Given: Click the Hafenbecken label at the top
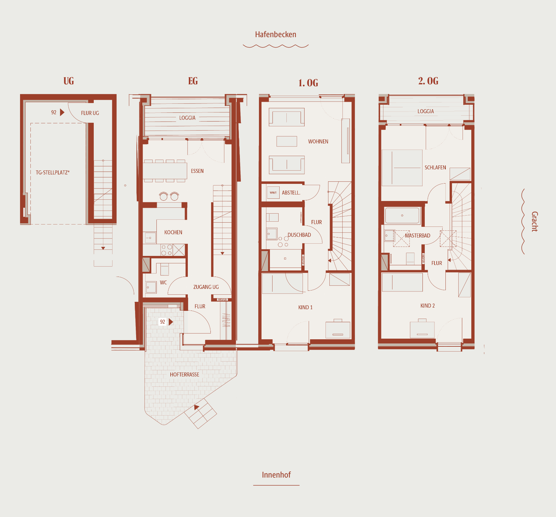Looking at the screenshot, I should pos(275,35).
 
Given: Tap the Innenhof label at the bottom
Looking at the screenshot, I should pos(276,475).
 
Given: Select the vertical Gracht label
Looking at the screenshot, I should pos(535,221).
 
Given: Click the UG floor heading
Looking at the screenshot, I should pos(69,81).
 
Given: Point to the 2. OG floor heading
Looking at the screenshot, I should pos(428,81).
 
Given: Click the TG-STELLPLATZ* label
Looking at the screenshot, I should pos(53,173).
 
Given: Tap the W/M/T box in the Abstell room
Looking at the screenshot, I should pos(273,193).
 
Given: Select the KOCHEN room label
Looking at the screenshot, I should pos(173,232).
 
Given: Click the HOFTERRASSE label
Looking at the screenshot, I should pos(185,375).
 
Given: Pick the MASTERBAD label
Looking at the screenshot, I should pos(417,236).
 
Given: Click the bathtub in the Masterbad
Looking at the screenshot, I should pos(402,216).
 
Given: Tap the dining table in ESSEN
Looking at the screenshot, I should pos(165,171).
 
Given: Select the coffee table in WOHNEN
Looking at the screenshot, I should pos(287,141).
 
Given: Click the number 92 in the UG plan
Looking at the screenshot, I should pos(54,112).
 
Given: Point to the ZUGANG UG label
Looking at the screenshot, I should pos(206,287).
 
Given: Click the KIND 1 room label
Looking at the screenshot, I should pos(305,307).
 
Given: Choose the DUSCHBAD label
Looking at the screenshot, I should pos(299,235).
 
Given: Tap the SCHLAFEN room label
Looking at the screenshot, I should pos(435,167).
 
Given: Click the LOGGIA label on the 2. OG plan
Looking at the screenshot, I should pos(425,111).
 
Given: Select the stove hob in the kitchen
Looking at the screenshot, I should pos(166,250).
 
